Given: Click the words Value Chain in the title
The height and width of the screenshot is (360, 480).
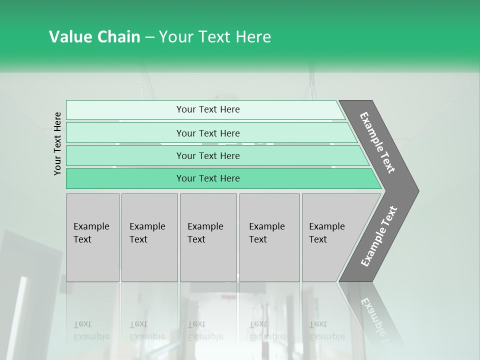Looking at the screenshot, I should tap(94, 37).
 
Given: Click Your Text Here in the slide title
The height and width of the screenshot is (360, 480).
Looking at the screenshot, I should tap(215, 37).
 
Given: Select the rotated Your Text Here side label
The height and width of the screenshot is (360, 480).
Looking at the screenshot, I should tap(57, 143).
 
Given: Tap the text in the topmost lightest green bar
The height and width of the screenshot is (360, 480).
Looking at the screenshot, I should tap(208, 109).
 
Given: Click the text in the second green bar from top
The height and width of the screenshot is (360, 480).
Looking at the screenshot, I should tap(208, 133).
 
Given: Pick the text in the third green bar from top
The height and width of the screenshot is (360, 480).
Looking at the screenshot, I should tap(208, 155).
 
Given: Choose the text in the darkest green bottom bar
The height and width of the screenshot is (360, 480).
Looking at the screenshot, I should tap(208, 178).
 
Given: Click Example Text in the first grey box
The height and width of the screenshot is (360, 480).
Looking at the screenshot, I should tap(91, 232).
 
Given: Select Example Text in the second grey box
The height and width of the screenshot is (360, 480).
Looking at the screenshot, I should tap(147, 232).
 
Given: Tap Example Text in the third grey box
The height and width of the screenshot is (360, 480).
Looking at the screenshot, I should tap(205, 232).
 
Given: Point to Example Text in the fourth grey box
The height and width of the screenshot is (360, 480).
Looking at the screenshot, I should tap(266, 232).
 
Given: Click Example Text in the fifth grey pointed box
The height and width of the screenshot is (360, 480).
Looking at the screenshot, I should tap(326, 232).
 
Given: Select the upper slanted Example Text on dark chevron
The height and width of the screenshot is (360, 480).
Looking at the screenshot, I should tap(378, 142).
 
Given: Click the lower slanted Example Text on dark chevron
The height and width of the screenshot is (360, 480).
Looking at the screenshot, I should tap(379, 236).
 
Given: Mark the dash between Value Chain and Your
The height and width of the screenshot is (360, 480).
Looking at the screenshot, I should tap(149, 37).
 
